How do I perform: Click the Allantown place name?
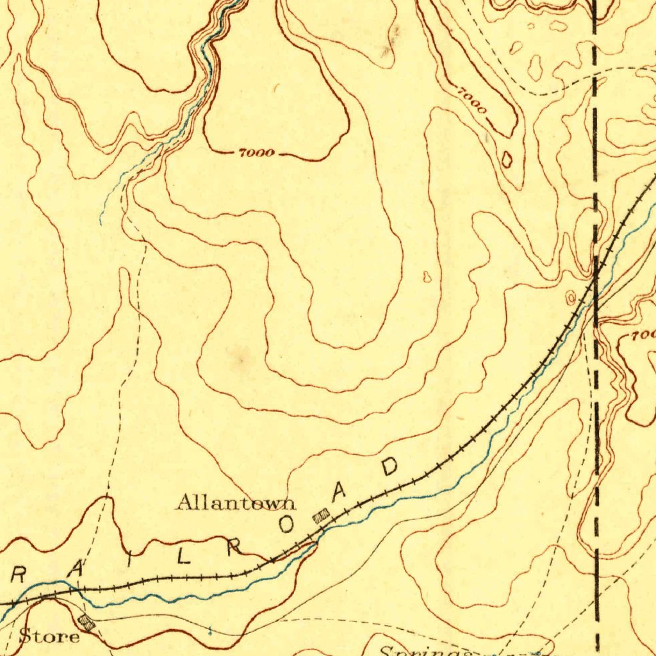pyautogui.click(x=236, y=502)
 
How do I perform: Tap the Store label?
pyautogui.click(x=49, y=637)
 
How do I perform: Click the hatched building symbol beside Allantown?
pyautogui.click(x=320, y=516)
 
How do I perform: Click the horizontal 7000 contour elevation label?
pyautogui.click(x=256, y=153)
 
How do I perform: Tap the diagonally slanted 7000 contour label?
pyautogui.click(x=472, y=101)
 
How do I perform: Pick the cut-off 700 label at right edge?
pyautogui.click(x=643, y=335)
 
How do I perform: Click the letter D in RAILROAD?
pyautogui.click(x=389, y=467)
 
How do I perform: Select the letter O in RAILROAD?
pyautogui.click(x=286, y=525)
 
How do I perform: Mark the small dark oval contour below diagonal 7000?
pyautogui.click(x=507, y=159)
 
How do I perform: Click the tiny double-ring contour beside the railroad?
pyautogui.click(x=571, y=297)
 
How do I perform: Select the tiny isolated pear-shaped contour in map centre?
pyautogui.click(x=427, y=277)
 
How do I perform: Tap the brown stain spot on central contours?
pyautogui.click(x=242, y=359)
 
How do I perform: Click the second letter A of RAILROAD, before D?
pyautogui.click(x=339, y=492)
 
